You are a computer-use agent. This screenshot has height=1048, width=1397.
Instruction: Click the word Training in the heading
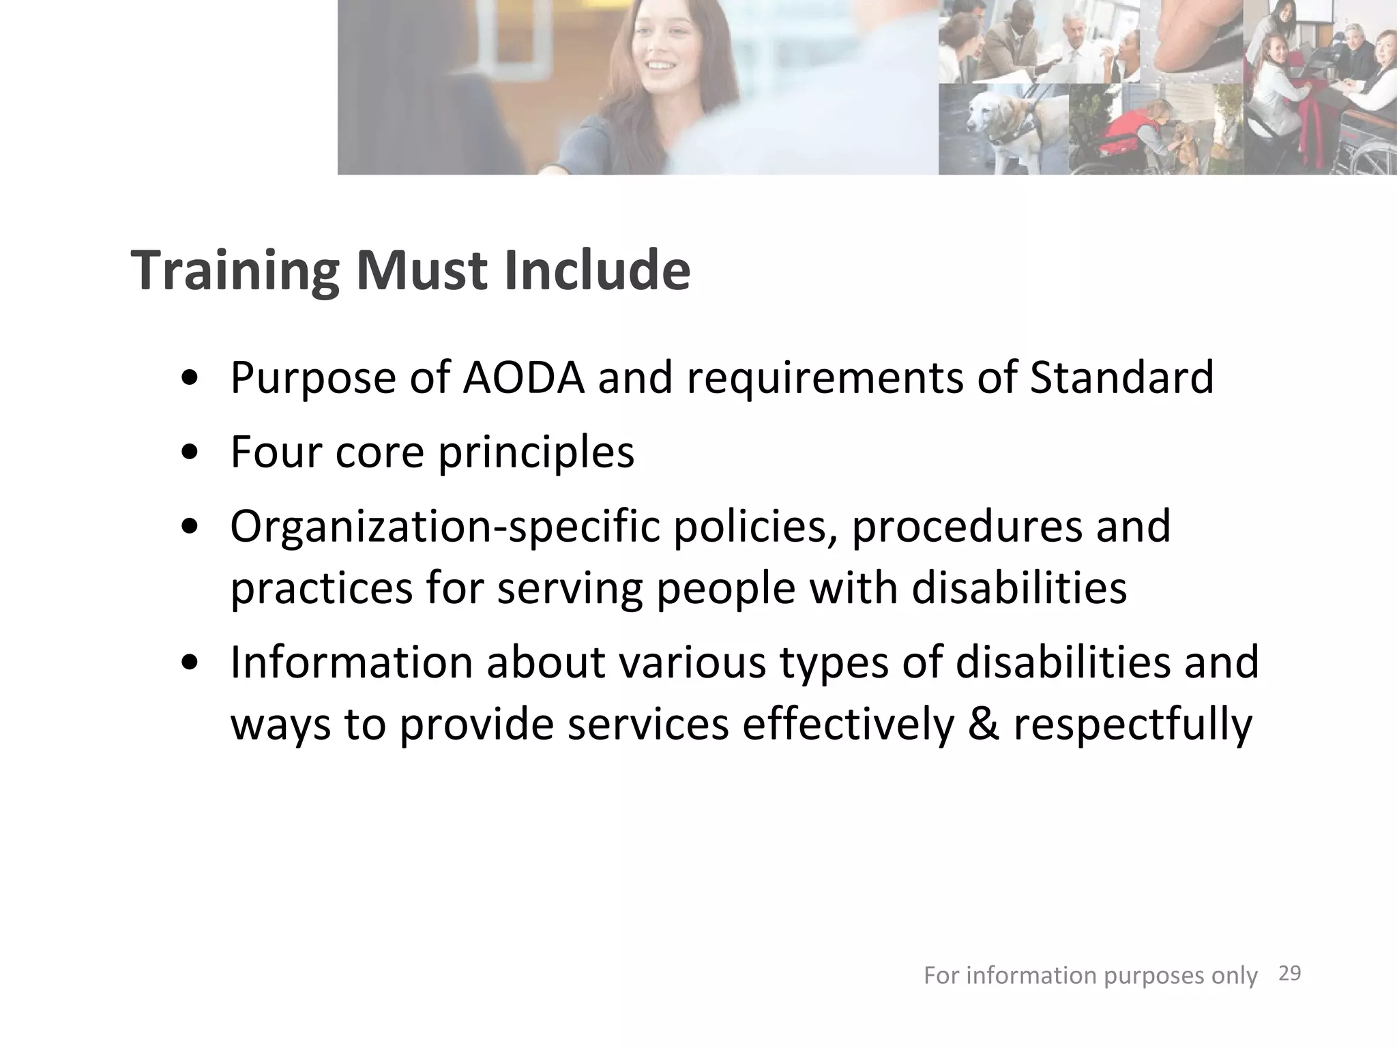coord(234,272)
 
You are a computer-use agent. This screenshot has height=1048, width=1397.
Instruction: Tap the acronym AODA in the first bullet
coord(523,377)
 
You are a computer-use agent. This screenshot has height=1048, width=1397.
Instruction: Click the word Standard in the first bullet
coord(1121,377)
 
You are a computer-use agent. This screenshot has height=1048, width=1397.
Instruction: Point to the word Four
coord(275,452)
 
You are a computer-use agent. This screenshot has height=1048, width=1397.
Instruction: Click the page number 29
coord(1289,974)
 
